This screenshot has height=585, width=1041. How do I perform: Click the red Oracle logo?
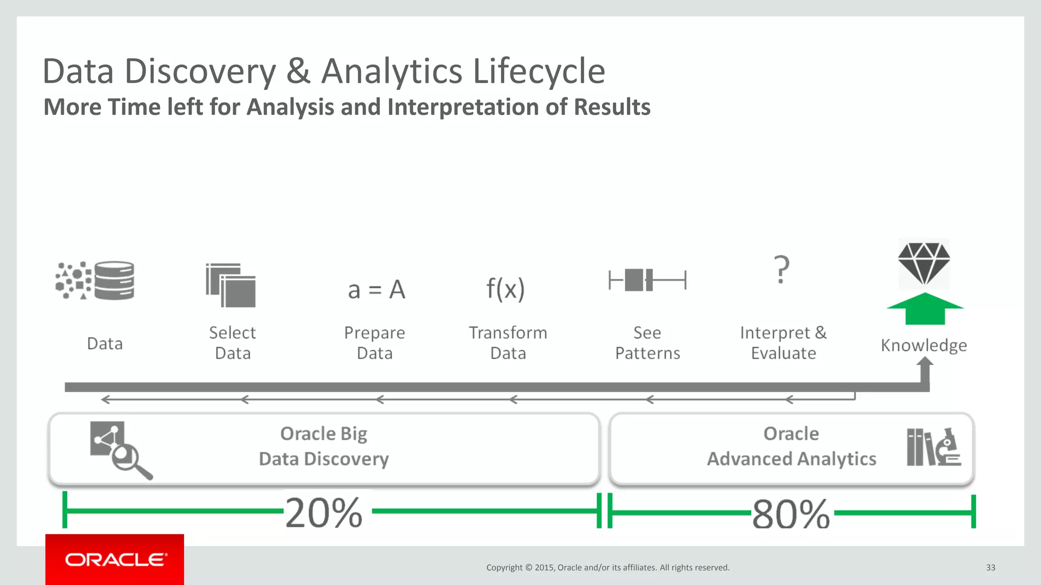114,559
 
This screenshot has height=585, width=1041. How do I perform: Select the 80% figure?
790,514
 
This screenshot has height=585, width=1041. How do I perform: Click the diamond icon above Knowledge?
924,263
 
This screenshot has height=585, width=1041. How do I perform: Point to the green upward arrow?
925,309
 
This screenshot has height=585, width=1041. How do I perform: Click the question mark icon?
781,270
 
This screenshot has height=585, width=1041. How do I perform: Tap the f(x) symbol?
505,289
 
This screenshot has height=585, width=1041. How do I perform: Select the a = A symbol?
376,290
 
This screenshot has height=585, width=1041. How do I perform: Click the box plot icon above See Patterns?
647,280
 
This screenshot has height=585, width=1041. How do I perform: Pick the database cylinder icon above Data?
114,280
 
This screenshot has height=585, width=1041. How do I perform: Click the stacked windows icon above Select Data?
231,285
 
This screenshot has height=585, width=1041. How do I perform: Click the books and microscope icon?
933,447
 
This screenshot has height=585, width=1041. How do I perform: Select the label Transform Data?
508,343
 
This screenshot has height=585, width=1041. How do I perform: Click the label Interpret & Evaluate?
783,343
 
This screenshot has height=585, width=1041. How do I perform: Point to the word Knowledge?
924,345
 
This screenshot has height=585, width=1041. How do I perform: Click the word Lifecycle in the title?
539,71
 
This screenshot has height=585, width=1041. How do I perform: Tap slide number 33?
990,567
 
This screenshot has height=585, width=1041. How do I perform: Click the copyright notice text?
607,567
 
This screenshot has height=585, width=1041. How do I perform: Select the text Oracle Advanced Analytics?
791,446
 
